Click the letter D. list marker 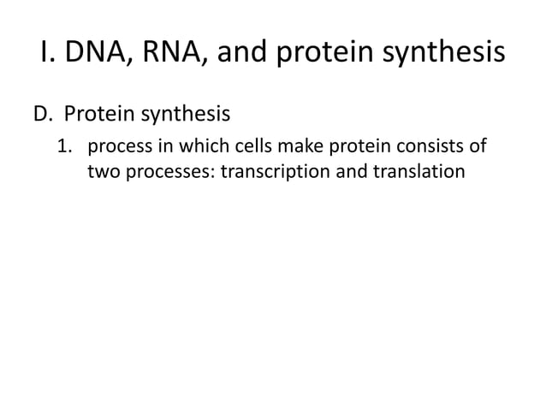tap(44, 112)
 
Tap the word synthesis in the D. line tap(181, 112)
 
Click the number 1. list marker tap(66, 145)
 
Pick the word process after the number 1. tap(117, 145)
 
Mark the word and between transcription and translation tap(351, 171)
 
